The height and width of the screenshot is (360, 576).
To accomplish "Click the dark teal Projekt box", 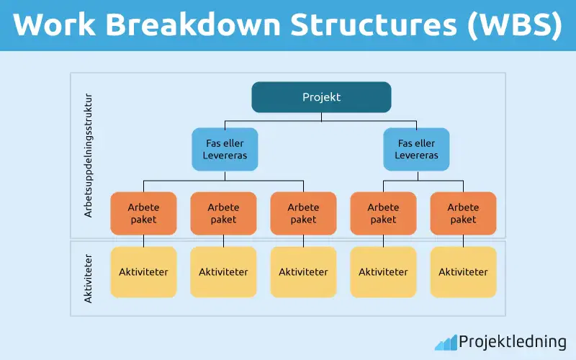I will point(321,97).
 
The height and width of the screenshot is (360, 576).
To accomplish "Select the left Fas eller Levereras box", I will point(225,149).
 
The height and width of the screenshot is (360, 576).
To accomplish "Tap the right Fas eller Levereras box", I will point(417,149).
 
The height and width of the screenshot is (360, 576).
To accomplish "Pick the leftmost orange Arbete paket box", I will point(143,214).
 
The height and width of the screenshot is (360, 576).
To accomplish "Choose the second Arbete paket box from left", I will point(223,214).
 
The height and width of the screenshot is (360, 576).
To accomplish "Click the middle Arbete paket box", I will point(303,214).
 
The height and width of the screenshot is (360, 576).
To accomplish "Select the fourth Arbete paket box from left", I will point(383,214).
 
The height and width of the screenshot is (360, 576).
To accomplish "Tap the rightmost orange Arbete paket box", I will point(463,214).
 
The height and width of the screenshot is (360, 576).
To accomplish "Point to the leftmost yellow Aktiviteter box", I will point(143,272).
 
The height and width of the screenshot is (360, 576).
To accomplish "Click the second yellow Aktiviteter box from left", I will point(223,272).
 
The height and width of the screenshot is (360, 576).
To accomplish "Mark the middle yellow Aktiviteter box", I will point(303,272).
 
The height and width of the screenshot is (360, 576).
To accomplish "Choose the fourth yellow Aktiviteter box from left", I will point(383,272).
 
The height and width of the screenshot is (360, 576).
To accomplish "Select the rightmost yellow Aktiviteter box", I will point(463,272).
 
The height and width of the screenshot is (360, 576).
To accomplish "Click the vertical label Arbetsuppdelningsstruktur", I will point(89,155).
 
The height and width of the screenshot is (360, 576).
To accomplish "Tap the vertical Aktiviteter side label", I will point(89,277).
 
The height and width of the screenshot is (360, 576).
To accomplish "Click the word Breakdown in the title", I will point(194,25).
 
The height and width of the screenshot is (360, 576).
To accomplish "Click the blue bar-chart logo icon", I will point(445,341).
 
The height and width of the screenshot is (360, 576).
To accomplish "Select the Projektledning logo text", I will point(513,341).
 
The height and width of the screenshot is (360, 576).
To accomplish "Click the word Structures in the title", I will point(372,25).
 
